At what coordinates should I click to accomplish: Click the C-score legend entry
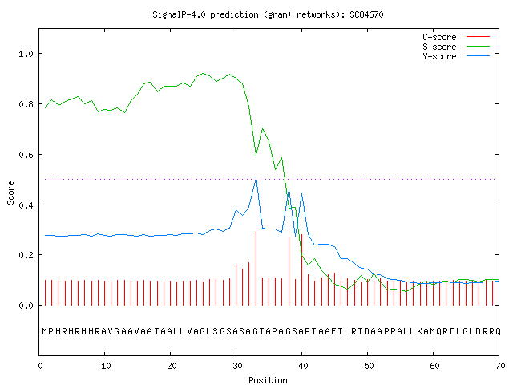(439, 37)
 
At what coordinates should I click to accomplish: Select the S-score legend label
(439, 47)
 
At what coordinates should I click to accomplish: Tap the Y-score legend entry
(439, 56)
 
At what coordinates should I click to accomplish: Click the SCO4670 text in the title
(366, 14)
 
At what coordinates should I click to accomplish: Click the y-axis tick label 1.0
(26, 54)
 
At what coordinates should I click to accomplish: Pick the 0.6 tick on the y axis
(26, 155)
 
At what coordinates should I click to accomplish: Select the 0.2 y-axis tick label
(26, 255)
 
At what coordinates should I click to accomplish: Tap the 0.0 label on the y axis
(26, 306)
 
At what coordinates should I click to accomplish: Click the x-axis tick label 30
(237, 366)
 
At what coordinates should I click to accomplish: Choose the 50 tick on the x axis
(369, 366)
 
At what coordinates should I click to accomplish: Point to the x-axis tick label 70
(500, 366)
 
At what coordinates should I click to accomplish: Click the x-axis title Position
(268, 380)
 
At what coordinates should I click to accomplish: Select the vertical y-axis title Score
(10, 193)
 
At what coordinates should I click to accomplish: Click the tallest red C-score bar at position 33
(256, 269)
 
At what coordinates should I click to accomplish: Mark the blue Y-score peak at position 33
(256, 178)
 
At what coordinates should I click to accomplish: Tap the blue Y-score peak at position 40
(301, 194)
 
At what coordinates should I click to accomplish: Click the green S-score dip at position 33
(256, 155)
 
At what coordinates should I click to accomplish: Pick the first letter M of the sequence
(45, 331)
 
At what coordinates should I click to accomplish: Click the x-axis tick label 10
(106, 366)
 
